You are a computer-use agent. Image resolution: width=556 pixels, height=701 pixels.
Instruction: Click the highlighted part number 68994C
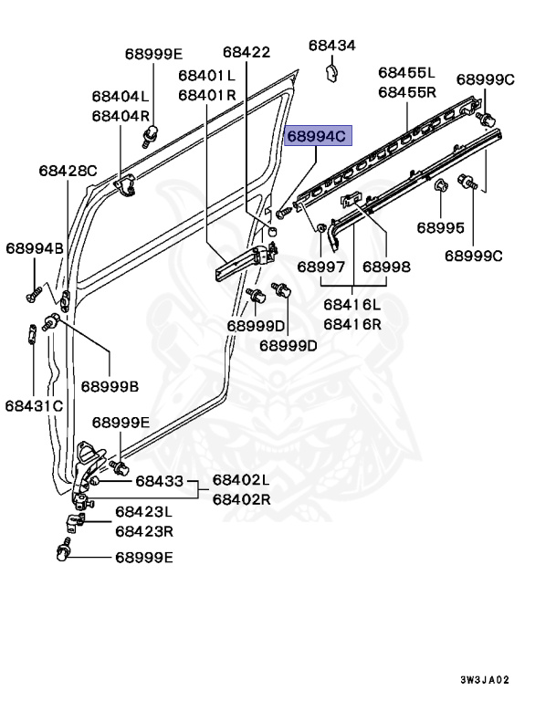317,137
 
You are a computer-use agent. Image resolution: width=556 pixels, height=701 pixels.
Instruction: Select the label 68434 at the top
331,45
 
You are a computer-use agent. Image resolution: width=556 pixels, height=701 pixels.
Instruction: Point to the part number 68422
246,53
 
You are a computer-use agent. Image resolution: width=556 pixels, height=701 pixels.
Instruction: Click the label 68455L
407,72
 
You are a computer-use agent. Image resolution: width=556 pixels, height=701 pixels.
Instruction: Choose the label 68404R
120,116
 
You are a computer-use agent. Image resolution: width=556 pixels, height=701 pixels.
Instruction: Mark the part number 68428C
68,170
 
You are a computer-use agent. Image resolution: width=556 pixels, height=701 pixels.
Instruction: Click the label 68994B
35,247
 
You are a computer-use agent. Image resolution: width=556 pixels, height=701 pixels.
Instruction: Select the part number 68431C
34,404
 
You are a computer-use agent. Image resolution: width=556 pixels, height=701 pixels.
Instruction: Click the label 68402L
241,480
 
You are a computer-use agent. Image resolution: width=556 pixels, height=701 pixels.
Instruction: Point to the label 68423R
144,531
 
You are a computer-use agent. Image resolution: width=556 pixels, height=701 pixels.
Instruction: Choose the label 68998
386,267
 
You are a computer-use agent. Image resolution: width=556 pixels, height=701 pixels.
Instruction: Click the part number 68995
441,227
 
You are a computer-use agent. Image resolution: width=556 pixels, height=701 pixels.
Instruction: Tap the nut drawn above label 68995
439,187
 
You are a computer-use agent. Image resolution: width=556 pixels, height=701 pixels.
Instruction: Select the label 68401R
207,94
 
